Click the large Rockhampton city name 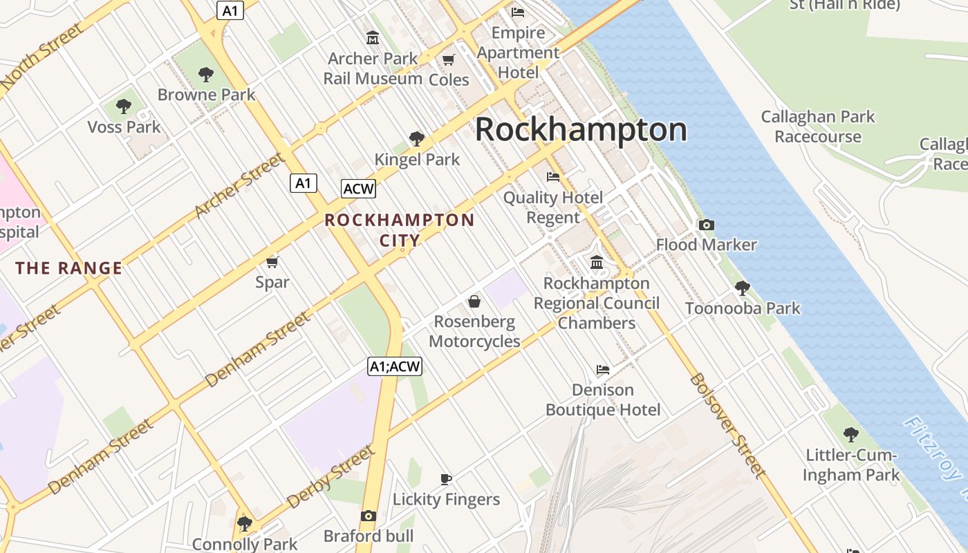click(x=581, y=130)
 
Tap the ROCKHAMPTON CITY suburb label click(x=400, y=230)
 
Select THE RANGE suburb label click(x=69, y=268)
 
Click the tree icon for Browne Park click(x=205, y=74)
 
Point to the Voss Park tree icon click(x=124, y=106)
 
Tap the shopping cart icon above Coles click(x=449, y=59)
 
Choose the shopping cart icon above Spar click(x=272, y=262)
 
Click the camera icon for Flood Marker click(x=706, y=225)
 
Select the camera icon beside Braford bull click(x=369, y=516)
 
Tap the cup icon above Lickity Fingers click(x=446, y=479)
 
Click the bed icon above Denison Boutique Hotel click(x=603, y=370)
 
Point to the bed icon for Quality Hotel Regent click(x=553, y=177)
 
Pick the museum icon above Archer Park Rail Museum click(x=373, y=37)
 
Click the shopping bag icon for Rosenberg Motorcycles click(x=474, y=301)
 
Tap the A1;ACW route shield click(x=394, y=366)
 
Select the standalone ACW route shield click(x=358, y=188)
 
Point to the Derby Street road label click(x=331, y=477)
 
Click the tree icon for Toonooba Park click(x=743, y=288)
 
